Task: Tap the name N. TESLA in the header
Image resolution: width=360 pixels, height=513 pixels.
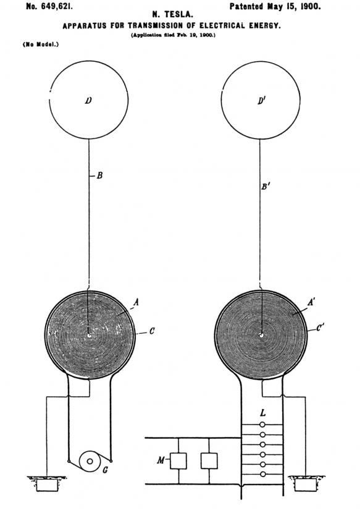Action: click(173, 15)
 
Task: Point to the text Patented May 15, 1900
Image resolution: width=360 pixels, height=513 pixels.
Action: click(275, 6)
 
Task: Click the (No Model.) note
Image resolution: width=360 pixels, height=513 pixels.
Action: click(41, 45)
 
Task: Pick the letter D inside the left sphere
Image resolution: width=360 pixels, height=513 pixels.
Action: click(88, 101)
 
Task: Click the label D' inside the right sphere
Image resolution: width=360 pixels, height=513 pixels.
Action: click(261, 101)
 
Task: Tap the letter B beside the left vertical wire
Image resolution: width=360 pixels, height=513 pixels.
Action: click(99, 176)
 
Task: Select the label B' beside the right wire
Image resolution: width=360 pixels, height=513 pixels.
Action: click(265, 187)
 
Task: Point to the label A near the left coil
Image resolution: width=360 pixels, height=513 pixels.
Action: click(136, 303)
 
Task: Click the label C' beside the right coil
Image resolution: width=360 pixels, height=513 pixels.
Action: click(320, 328)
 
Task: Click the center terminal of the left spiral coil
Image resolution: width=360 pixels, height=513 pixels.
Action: click(90, 335)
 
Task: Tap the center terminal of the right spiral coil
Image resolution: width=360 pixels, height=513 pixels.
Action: click(261, 335)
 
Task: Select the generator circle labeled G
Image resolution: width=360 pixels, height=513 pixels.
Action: click(90, 461)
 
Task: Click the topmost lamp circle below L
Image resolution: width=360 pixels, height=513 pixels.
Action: click(262, 425)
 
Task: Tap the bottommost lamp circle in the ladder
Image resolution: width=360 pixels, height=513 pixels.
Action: click(262, 474)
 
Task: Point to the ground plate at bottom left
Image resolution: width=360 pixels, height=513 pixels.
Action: click(47, 485)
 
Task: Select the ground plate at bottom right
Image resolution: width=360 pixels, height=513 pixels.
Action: click(306, 485)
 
